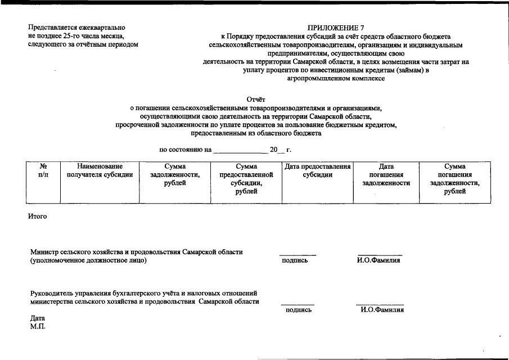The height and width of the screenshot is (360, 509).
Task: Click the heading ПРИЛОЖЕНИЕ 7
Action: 336,28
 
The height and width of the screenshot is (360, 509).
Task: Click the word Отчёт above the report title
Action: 256,100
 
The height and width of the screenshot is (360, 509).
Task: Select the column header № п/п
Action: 43,171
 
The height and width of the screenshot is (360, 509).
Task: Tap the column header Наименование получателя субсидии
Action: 100,171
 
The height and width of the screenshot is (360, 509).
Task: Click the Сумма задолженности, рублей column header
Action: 175,175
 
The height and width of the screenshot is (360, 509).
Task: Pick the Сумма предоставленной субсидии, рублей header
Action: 246,179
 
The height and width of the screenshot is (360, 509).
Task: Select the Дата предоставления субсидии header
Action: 318,171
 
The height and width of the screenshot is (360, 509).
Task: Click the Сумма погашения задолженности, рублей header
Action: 454,179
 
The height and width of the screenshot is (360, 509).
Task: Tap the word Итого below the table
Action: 37,217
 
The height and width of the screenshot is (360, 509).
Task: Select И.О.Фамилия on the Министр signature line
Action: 379,260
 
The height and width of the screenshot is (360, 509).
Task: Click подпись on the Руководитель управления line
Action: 299,310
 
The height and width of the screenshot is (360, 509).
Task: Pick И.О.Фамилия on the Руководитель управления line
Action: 382,310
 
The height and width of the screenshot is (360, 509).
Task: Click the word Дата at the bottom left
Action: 37,318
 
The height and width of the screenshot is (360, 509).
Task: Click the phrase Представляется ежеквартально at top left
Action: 76,28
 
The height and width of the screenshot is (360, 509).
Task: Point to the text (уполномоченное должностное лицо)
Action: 88,260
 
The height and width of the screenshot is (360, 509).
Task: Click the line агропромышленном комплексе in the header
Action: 336,79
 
